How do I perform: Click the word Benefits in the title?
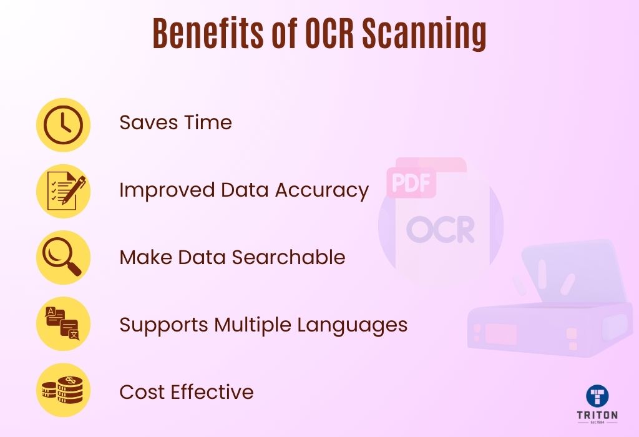click(208, 33)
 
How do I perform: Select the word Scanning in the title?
click(424, 35)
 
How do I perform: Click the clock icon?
click(63, 125)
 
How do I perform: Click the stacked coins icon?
click(62, 390)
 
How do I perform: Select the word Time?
click(208, 122)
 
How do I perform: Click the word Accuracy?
click(322, 191)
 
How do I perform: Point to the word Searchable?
click(288, 257)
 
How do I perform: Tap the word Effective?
click(212, 392)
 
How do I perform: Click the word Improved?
click(167, 191)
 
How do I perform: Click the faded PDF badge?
click(411, 183)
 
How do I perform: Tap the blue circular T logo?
click(597, 396)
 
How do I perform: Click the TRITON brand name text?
click(597, 415)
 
